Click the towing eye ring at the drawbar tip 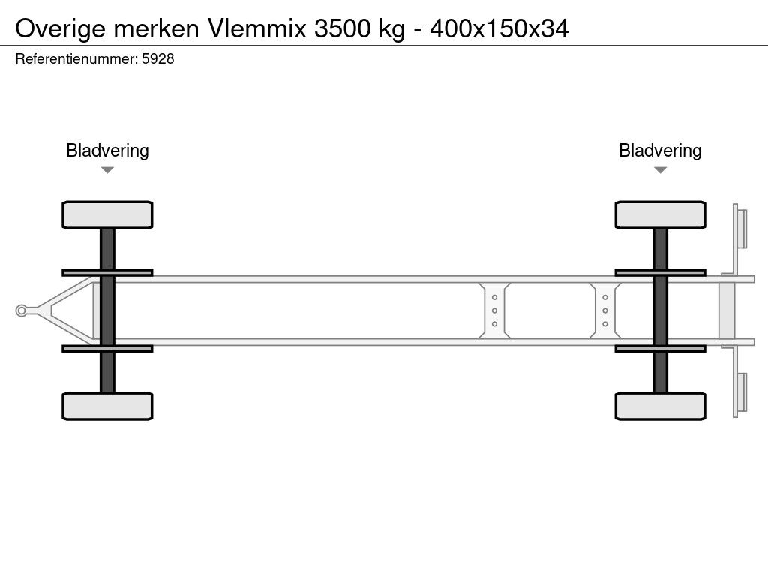pos(22,310)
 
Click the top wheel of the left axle pos(107,215)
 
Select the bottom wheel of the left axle pos(107,406)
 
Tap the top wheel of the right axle pos(660,215)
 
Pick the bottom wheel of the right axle pos(660,406)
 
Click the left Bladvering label pos(107,151)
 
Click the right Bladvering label pos(660,151)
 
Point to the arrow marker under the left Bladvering pos(107,170)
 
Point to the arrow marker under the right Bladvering pos(660,170)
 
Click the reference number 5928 pos(158,59)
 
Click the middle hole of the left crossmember pos(495,310)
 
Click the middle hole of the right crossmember pos(604,310)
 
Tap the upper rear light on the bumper pos(742,228)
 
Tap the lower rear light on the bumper pos(742,392)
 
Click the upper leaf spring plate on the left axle pos(107,272)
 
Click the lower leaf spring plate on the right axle pos(660,348)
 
